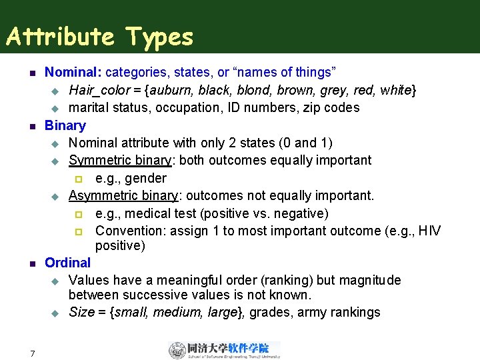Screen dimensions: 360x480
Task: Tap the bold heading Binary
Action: (x=65, y=125)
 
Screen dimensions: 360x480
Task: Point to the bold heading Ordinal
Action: (x=67, y=263)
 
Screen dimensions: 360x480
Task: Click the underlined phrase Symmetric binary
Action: (x=120, y=161)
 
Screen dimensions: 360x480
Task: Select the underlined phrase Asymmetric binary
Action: (x=123, y=195)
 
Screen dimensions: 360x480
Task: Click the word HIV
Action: (x=427, y=231)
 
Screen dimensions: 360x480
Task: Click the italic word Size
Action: (x=81, y=312)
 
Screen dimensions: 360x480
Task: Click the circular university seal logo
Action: (x=177, y=350)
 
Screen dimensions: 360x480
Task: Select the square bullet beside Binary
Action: (x=22, y=126)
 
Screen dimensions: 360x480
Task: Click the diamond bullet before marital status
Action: (x=56, y=108)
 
